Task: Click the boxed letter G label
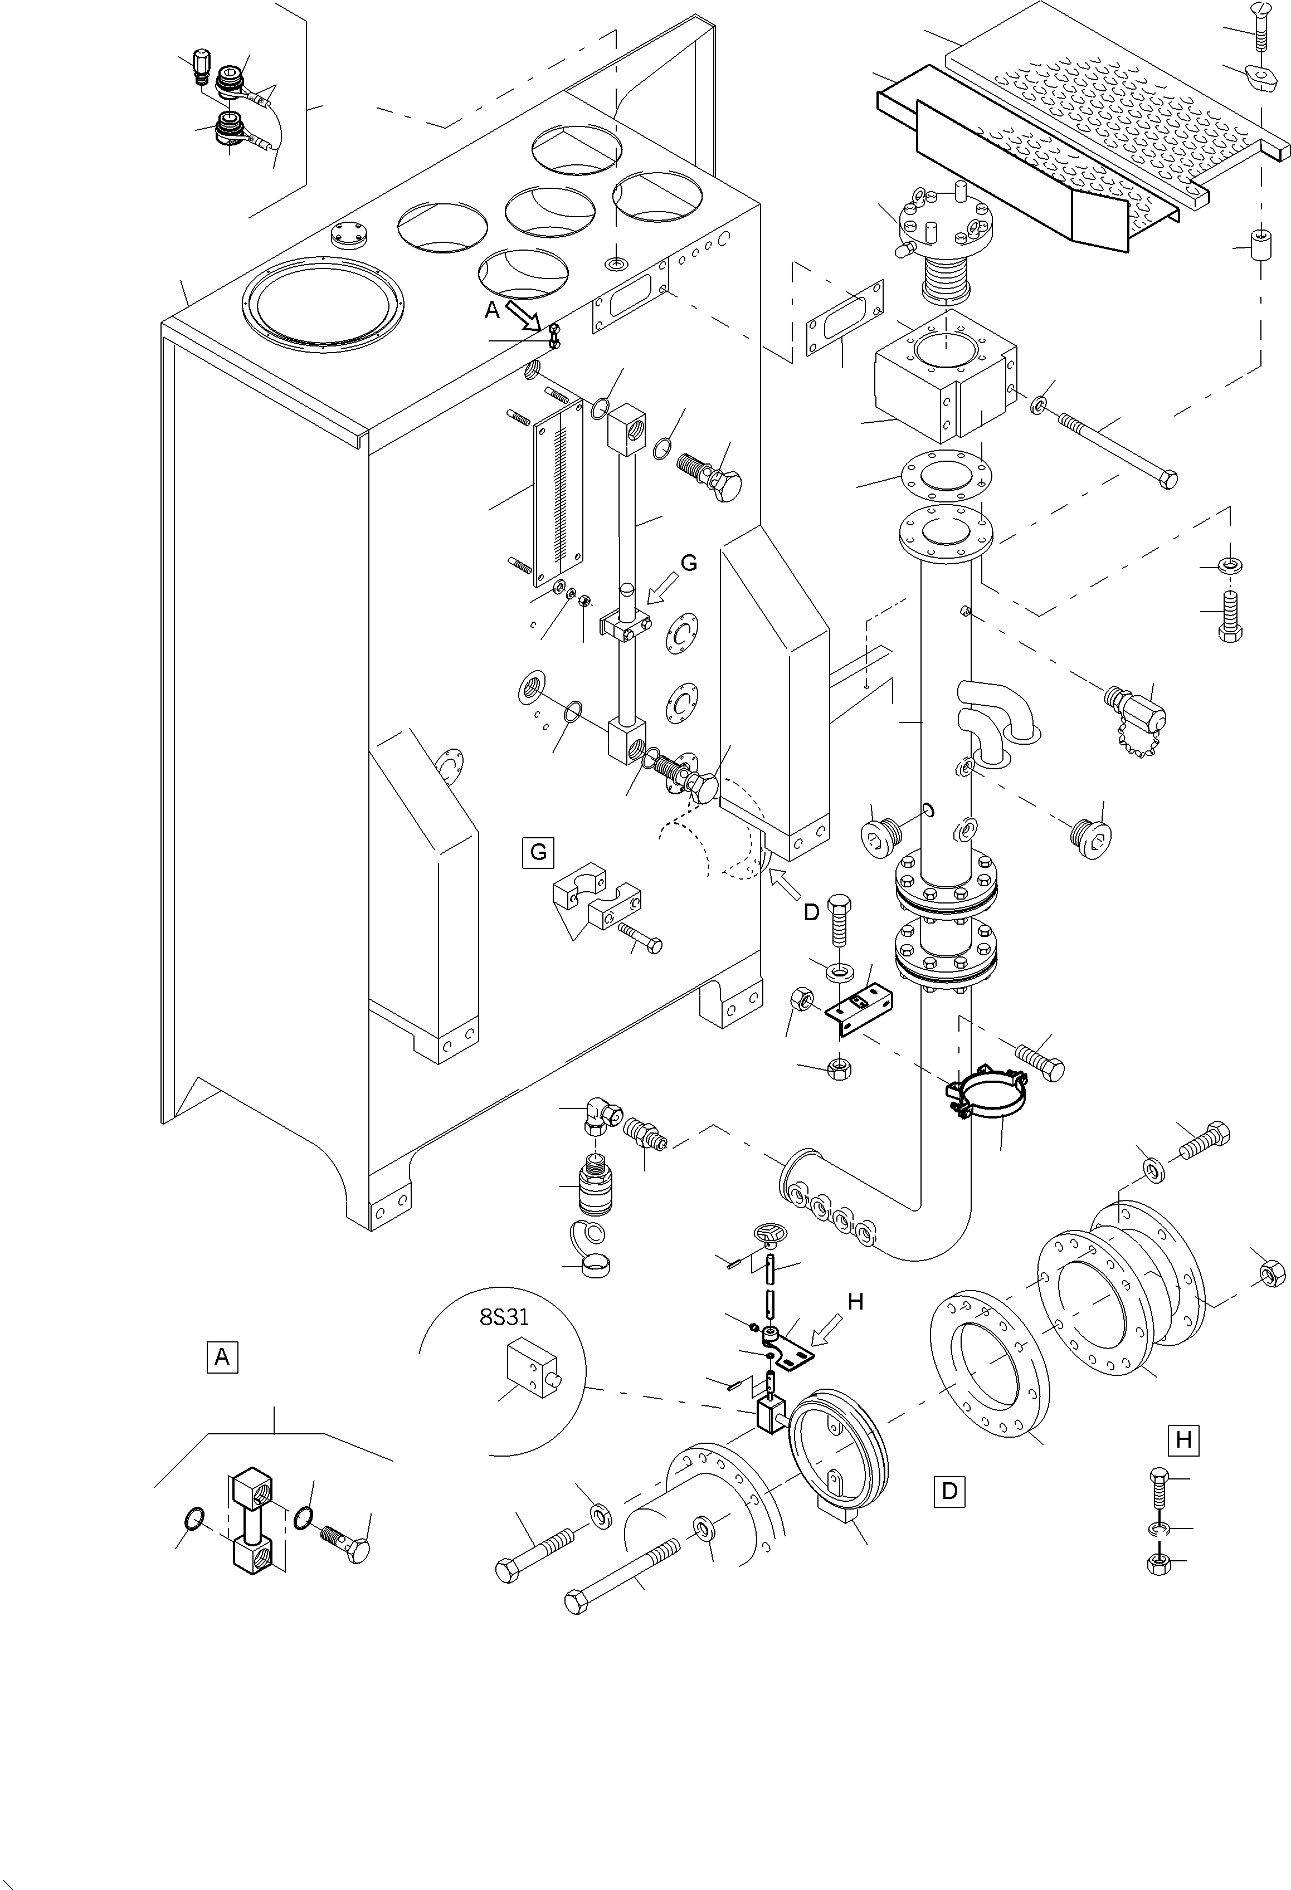click(538, 852)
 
